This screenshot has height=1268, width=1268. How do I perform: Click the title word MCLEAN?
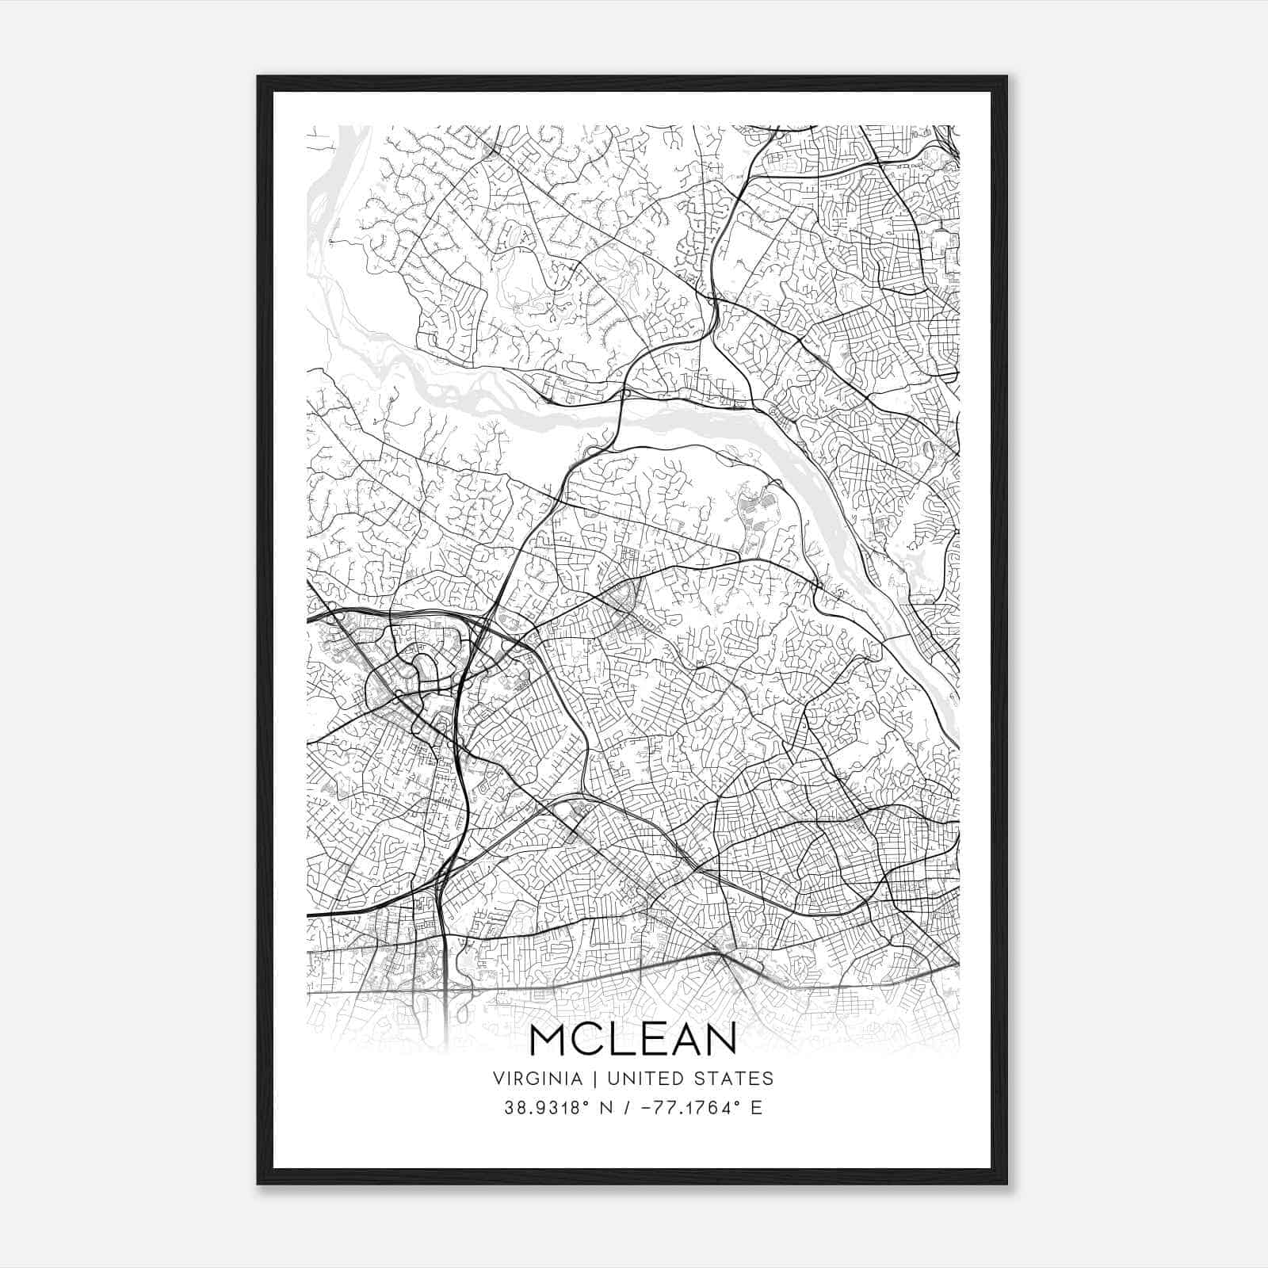click(x=632, y=1039)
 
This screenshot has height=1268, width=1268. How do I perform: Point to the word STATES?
click(x=734, y=1079)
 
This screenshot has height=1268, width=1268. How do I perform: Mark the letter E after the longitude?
click(x=757, y=1108)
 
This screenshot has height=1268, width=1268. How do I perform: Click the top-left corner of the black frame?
click(x=258, y=77)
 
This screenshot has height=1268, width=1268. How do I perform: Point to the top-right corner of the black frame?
click(x=1006, y=77)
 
